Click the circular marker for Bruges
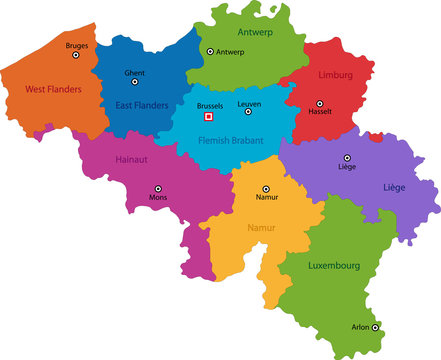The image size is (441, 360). tap(75, 56)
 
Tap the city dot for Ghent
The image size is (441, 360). tap(134, 83)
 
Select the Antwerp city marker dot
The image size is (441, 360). tap(209, 51)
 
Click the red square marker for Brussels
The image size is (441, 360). tap(209, 116)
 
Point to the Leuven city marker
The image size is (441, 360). tap(251, 114)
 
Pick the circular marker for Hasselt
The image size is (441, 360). tap(320, 103)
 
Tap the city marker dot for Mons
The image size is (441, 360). tap(157, 187)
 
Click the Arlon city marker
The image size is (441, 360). tap(375, 327)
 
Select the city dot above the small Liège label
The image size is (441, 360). tap(347, 157)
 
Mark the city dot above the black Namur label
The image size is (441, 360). tap(266, 188)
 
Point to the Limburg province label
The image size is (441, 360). tap(336, 75)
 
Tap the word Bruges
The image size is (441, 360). tap(76, 46)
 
